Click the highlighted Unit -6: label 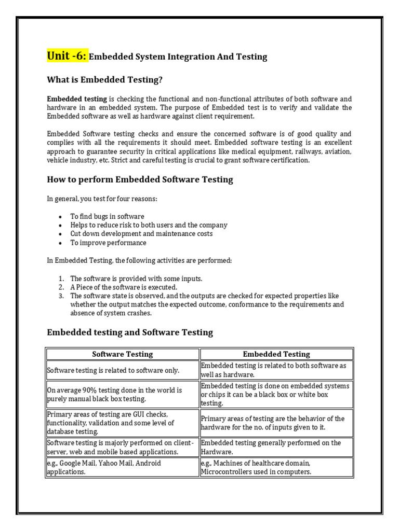click(67, 55)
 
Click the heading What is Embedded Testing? click(108, 80)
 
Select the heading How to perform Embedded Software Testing click(140, 179)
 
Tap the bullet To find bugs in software click(107, 216)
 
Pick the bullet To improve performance click(108, 243)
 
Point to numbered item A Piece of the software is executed click(124, 287)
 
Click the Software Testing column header click(123, 354)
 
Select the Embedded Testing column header click(276, 354)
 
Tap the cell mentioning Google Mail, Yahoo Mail click(123, 467)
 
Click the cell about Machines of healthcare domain click(276, 467)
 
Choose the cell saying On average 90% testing click(123, 394)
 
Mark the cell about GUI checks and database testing click(123, 423)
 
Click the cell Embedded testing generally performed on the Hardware click(276, 447)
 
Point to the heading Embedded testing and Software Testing click(130, 332)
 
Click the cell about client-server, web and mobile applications click(123, 447)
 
